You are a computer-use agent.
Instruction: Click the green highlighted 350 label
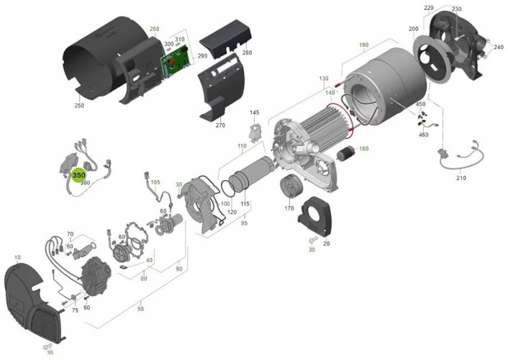pyautogui.click(x=79, y=175)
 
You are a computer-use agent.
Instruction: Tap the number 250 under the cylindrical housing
pyautogui.click(x=78, y=106)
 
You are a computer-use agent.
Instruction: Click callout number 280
pyautogui.click(x=248, y=53)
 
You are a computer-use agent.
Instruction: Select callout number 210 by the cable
pyautogui.click(x=461, y=178)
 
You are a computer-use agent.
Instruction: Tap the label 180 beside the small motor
pyautogui.click(x=363, y=149)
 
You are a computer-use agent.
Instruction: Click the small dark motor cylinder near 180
pyautogui.click(x=346, y=153)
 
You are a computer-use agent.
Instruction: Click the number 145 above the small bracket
pyautogui.click(x=254, y=113)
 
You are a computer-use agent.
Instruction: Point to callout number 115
pyautogui.click(x=245, y=204)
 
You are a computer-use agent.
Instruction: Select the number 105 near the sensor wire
pyautogui.click(x=155, y=182)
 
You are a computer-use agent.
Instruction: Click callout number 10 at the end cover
pyautogui.click(x=17, y=257)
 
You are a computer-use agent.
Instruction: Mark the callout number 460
pyautogui.click(x=423, y=135)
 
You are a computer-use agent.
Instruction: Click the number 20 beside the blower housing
pyautogui.click(x=327, y=244)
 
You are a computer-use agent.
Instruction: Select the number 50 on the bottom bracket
pyautogui.click(x=140, y=309)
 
